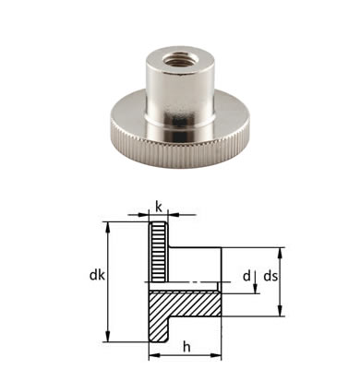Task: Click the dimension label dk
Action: point(97,276)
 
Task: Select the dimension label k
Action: point(159,208)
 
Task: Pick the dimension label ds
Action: point(270,276)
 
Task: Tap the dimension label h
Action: point(186,348)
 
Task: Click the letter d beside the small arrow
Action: point(246,276)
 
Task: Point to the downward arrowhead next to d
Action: point(256,289)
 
